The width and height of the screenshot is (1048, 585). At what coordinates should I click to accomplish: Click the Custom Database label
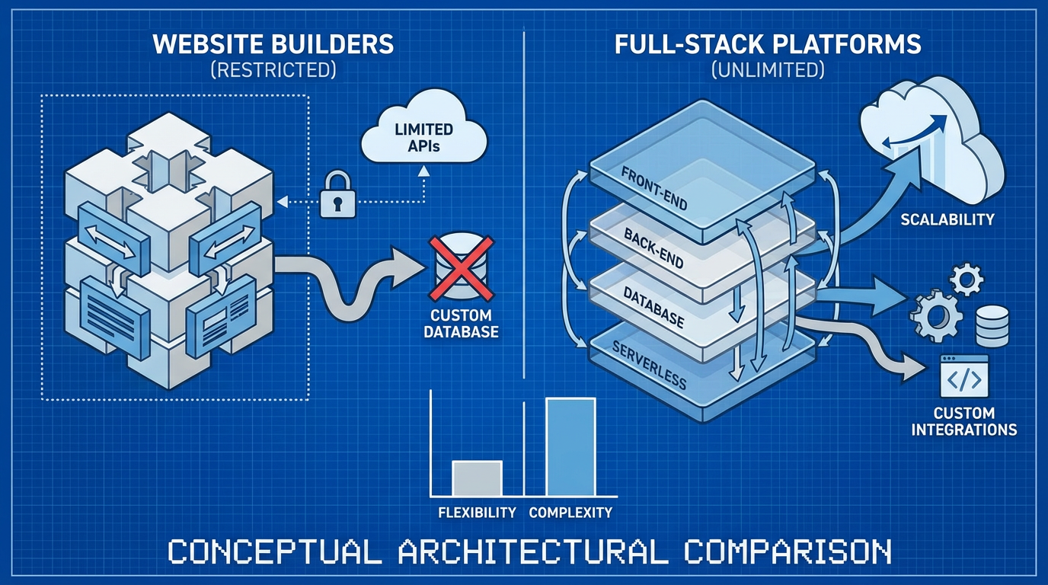pos(461,323)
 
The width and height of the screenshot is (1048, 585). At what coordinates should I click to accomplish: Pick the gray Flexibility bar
pos(478,478)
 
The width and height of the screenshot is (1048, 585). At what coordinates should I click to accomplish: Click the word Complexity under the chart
pos(570,513)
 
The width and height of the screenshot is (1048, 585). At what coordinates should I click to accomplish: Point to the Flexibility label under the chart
pos(478,513)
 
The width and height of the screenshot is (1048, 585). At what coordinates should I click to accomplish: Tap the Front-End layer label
pos(654,187)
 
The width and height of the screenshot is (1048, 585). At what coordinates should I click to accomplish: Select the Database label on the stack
pos(653,307)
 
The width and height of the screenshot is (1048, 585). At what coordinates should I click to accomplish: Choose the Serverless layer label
pos(649,365)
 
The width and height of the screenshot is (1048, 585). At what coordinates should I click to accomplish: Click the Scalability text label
pos(947,219)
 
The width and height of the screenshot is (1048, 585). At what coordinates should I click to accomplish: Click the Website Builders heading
pos(273,43)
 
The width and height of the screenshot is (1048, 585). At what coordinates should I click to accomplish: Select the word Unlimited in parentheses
pos(768,71)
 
